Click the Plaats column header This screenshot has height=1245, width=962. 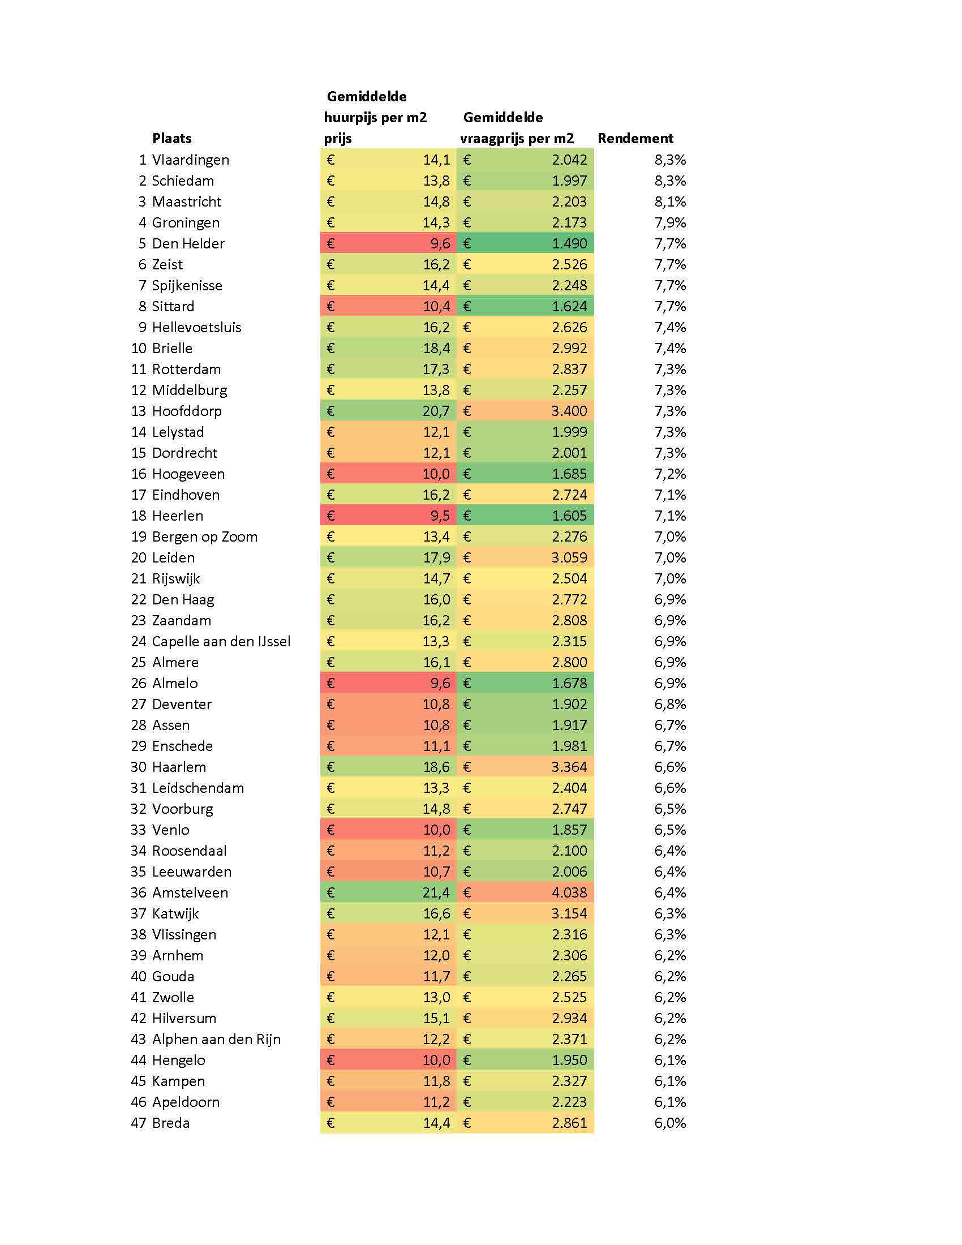tap(171, 139)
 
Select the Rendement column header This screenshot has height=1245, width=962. tap(635, 139)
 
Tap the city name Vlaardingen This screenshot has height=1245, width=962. tap(190, 160)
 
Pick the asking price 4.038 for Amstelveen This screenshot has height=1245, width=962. tap(569, 892)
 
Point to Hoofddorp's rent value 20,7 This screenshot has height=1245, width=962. tap(436, 411)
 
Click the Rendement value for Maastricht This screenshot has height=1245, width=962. tap(670, 202)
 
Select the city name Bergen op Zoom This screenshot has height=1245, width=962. tap(205, 537)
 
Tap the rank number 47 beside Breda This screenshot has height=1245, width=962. tap(139, 1123)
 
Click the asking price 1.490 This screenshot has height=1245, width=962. tap(569, 244)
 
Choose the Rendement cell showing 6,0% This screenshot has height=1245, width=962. tap(670, 1123)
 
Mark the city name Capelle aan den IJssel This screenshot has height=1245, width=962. tap(221, 641)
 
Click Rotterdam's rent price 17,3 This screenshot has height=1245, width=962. tap(436, 370)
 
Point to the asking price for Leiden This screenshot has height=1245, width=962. tap(569, 557)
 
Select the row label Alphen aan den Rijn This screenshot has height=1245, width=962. tap(217, 1039)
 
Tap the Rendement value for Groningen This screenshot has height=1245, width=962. tap(670, 223)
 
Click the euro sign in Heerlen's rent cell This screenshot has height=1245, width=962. tap(330, 516)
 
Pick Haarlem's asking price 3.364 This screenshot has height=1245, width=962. tap(569, 767)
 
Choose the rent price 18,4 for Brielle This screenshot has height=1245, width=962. tap(436, 348)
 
